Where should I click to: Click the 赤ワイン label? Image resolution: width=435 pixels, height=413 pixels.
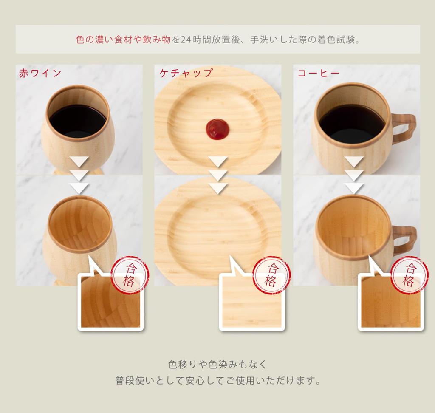40,73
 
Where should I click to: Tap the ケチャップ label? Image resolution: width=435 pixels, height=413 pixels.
186,73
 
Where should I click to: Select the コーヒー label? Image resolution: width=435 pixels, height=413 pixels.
318,73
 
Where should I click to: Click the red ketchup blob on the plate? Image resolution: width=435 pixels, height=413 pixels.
218,128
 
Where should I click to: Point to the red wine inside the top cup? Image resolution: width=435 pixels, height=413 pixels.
77,121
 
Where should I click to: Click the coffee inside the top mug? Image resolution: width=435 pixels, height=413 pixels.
352,123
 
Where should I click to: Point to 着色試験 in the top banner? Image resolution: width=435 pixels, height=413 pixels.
336,40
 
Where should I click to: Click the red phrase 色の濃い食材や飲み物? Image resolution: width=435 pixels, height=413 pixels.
123,40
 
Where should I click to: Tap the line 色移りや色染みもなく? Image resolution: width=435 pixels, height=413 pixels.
217,365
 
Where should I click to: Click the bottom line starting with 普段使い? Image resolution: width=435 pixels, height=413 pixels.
217,380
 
